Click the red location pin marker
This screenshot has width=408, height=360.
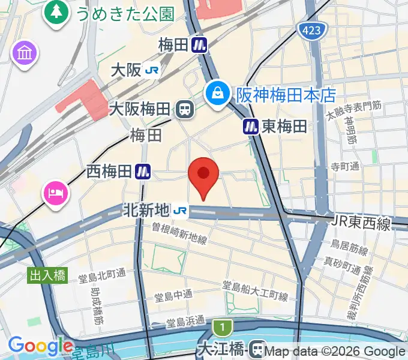203,175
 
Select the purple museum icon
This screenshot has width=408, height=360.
25,53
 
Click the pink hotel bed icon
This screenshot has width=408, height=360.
55,193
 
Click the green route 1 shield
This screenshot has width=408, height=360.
222,328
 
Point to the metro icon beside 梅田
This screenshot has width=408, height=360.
200,44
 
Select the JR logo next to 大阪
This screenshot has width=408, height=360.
152,70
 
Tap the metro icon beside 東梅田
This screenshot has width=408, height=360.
250,126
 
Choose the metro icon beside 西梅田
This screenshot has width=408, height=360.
142,172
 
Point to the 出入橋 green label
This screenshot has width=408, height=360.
48,276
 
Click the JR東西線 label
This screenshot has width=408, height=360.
361,224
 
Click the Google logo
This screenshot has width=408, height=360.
40,346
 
